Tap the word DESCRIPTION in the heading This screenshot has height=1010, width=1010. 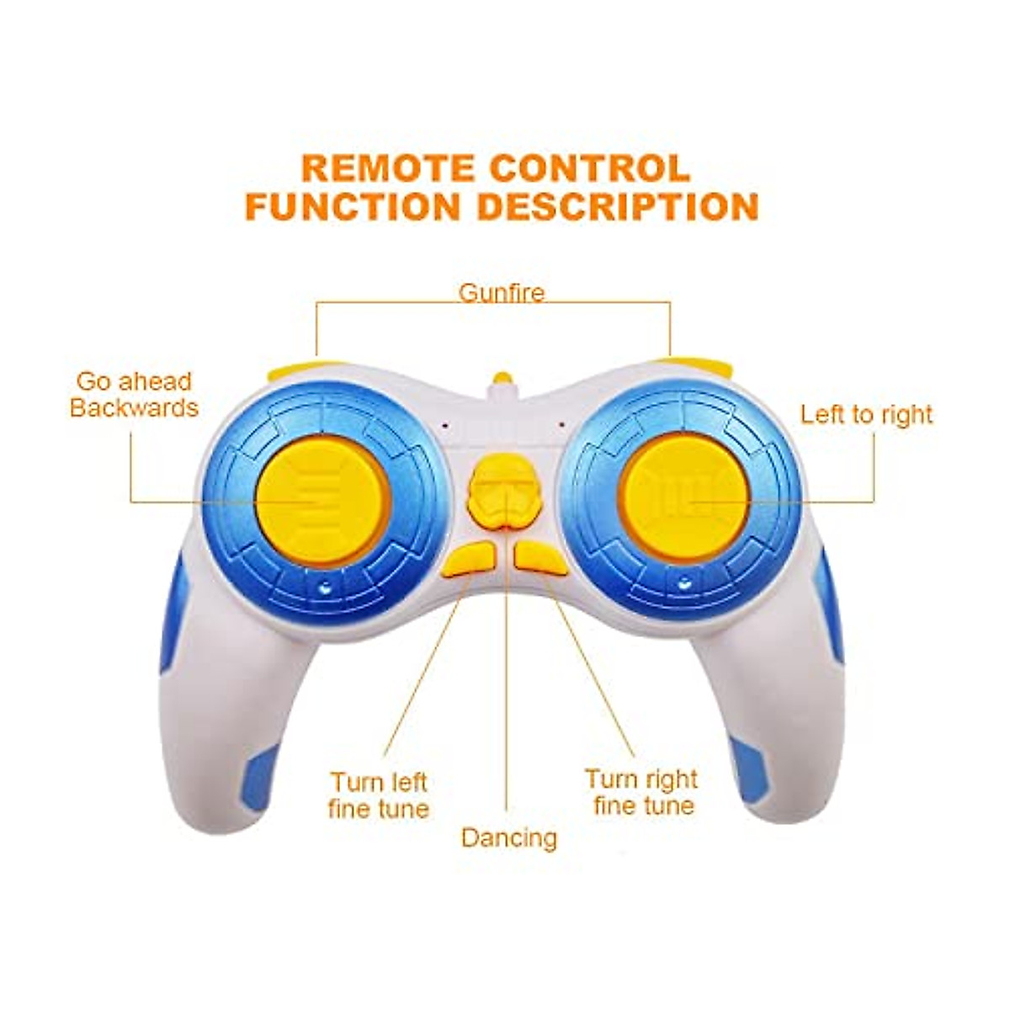pyautogui.click(x=619, y=207)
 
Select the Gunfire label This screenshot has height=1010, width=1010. pyautogui.click(x=502, y=293)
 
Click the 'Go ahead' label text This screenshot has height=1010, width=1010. pyautogui.click(x=134, y=381)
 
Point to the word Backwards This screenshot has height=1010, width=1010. pyautogui.click(x=134, y=409)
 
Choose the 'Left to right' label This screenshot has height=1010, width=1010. pyautogui.click(x=866, y=414)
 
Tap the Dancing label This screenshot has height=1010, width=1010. pyautogui.click(x=509, y=837)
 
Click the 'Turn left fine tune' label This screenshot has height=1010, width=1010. pyautogui.click(x=379, y=795)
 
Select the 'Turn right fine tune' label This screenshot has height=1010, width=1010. pyautogui.click(x=642, y=792)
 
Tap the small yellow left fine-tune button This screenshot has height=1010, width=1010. pyautogui.click(x=470, y=560)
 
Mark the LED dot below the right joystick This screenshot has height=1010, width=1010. pyautogui.click(x=685, y=582)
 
